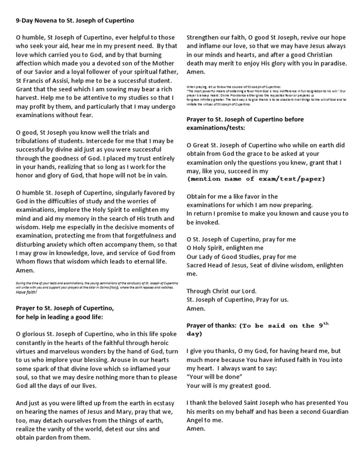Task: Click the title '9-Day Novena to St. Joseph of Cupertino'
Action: (x=75, y=21)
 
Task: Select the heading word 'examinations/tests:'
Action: (x=216, y=128)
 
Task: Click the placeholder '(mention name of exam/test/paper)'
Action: (x=256, y=179)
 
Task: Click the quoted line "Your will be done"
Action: (x=214, y=377)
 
